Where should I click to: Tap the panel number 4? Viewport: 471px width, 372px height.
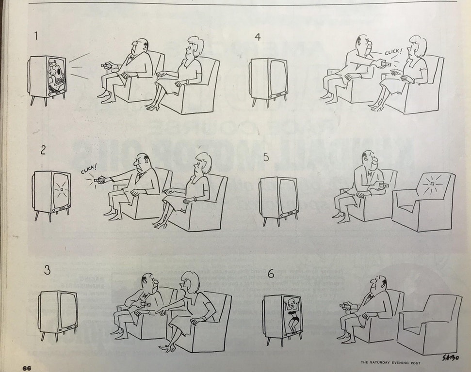[x=258, y=37]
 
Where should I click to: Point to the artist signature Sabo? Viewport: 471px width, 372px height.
[x=449, y=357]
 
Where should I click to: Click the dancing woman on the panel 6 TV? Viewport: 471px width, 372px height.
[x=291, y=315]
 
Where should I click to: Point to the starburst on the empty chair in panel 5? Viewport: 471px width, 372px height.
[x=429, y=186]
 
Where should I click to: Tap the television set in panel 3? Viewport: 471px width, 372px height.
[x=59, y=312]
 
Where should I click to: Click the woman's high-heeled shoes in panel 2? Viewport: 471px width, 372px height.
[x=161, y=224]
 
